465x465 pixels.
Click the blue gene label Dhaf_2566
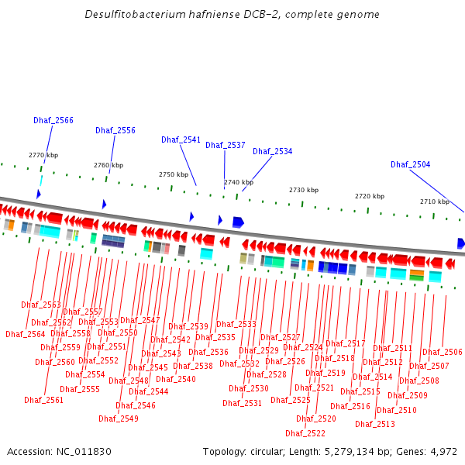pos(53,120)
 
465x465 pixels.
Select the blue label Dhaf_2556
pos(115,130)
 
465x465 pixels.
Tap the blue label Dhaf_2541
pos(181,139)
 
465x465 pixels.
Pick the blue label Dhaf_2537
pos(226,145)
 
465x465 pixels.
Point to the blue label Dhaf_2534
pos(273,151)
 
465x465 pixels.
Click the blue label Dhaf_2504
pos(411,164)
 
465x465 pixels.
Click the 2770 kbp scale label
pos(43,155)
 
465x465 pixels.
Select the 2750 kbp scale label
pos(174,174)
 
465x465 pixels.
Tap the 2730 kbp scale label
pos(304,190)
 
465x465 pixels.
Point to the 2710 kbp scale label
pos(435,201)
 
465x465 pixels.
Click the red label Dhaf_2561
pos(43,400)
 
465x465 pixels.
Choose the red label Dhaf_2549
pos(119,418)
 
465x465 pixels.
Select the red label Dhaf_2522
pos(305,433)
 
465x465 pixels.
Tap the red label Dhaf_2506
pos(443,352)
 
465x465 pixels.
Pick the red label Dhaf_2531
pos(243,403)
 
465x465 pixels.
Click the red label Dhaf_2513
pos(375,424)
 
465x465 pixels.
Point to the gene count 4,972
pos(443,451)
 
